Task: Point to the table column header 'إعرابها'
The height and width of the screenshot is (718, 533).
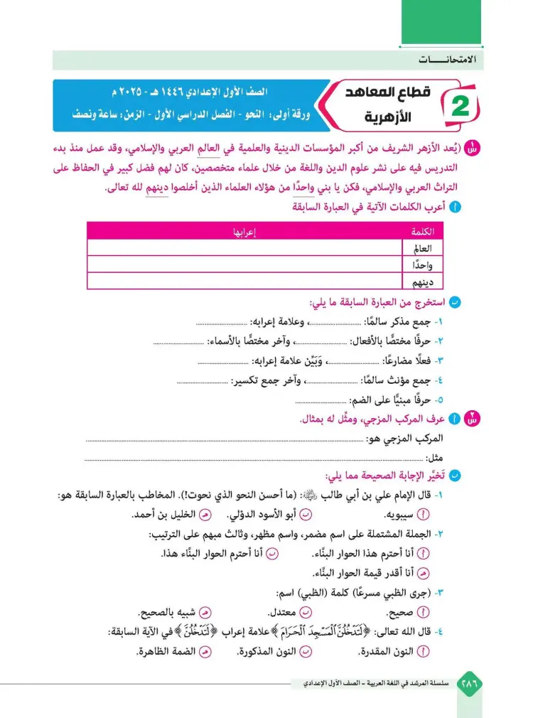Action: coord(245,232)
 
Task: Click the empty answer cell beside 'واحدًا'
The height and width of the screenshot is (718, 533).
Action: coord(245,266)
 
